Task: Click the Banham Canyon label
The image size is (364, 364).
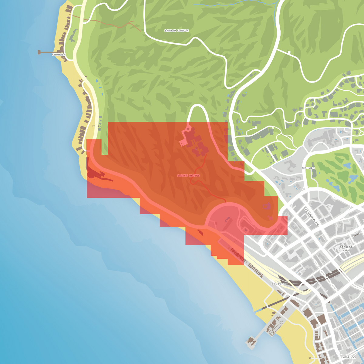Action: tap(177, 31)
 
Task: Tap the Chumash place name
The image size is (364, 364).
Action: tap(59, 55)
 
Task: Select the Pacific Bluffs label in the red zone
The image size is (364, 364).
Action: tap(188, 176)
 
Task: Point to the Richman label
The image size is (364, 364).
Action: tap(308, 168)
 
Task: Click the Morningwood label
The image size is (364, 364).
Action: tap(312, 217)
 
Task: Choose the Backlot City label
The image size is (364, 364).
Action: tap(346, 249)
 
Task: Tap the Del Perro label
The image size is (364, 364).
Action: tap(279, 284)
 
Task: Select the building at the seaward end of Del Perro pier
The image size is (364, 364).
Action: tap(251, 341)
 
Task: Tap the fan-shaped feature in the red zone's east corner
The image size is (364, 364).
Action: tap(267, 207)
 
